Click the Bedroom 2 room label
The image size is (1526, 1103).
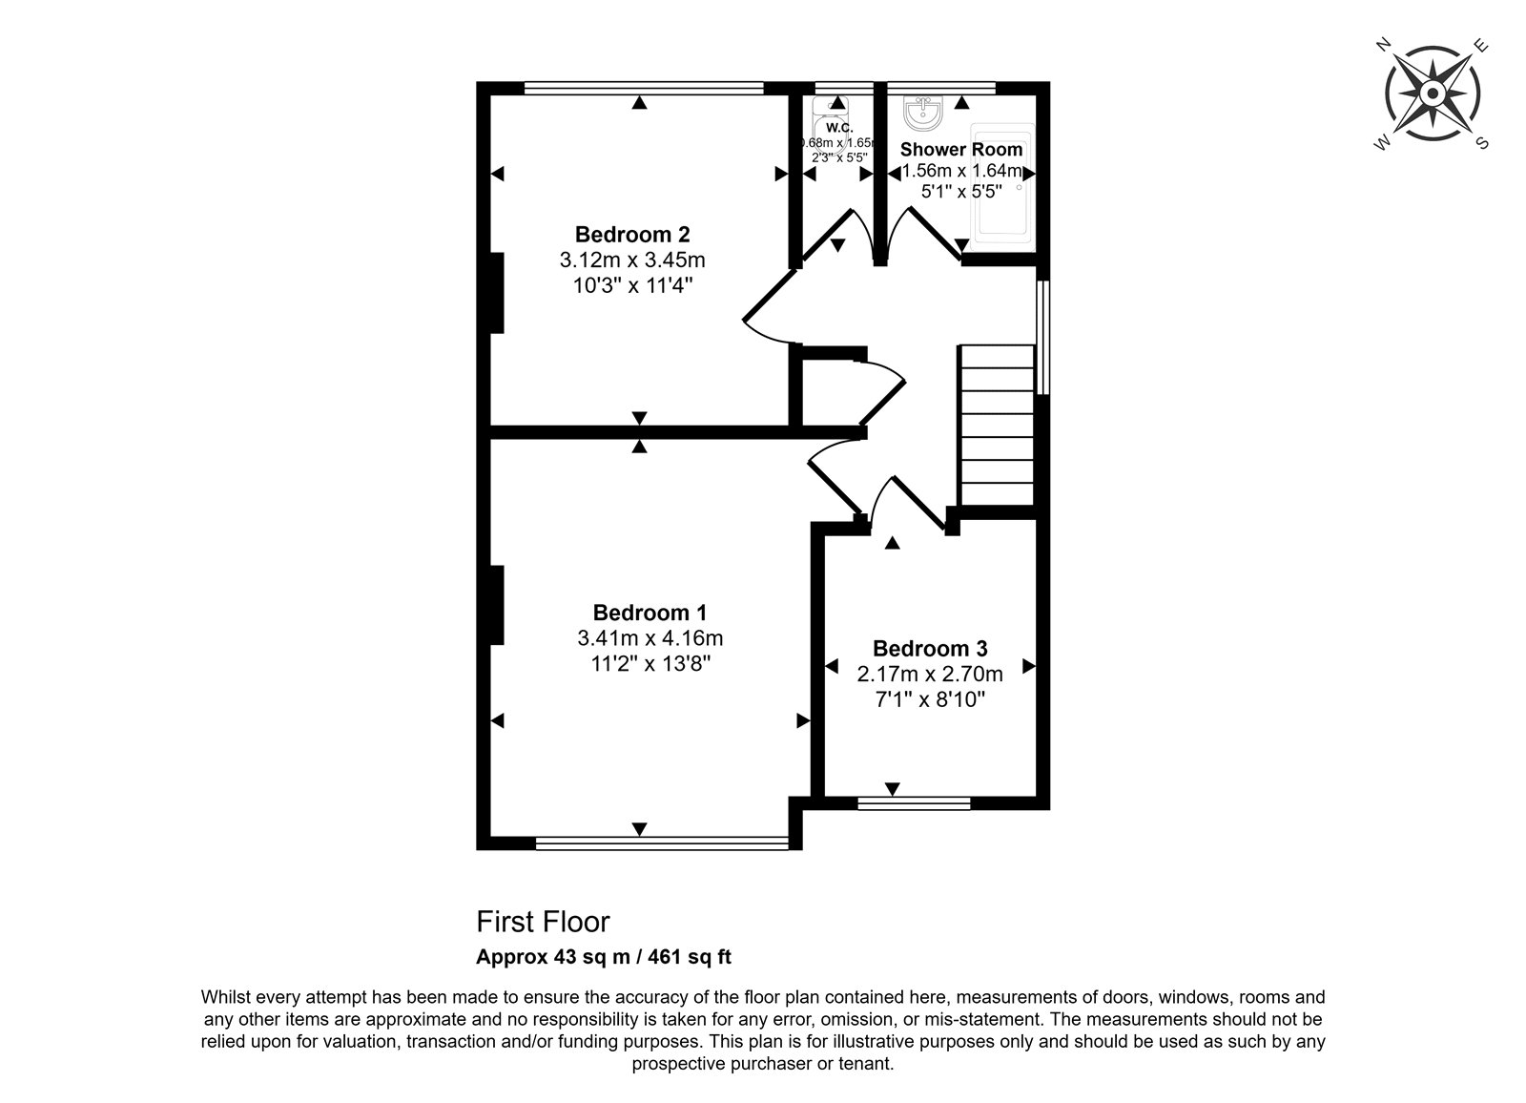(632, 235)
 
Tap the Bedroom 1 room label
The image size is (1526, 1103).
(650, 613)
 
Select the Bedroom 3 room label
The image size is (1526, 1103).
(930, 648)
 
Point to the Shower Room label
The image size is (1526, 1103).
(961, 149)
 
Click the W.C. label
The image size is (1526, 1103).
(839, 128)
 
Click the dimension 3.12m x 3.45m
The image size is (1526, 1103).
(632, 260)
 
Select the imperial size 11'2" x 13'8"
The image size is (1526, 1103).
(650, 663)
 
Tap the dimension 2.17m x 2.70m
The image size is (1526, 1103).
(930, 675)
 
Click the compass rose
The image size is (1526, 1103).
(1433, 94)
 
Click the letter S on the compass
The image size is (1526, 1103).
(1482, 143)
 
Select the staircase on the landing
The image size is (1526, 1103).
(997, 426)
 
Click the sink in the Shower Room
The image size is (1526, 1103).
(923, 113)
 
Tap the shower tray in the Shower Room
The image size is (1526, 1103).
(1002, 182)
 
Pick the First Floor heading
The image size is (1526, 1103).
(543, 922)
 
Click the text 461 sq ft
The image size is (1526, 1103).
(690, 957)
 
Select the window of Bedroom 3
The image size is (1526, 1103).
(915, 803)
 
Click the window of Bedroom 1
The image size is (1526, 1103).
(662, 843)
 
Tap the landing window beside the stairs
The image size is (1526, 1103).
(1042, 338)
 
